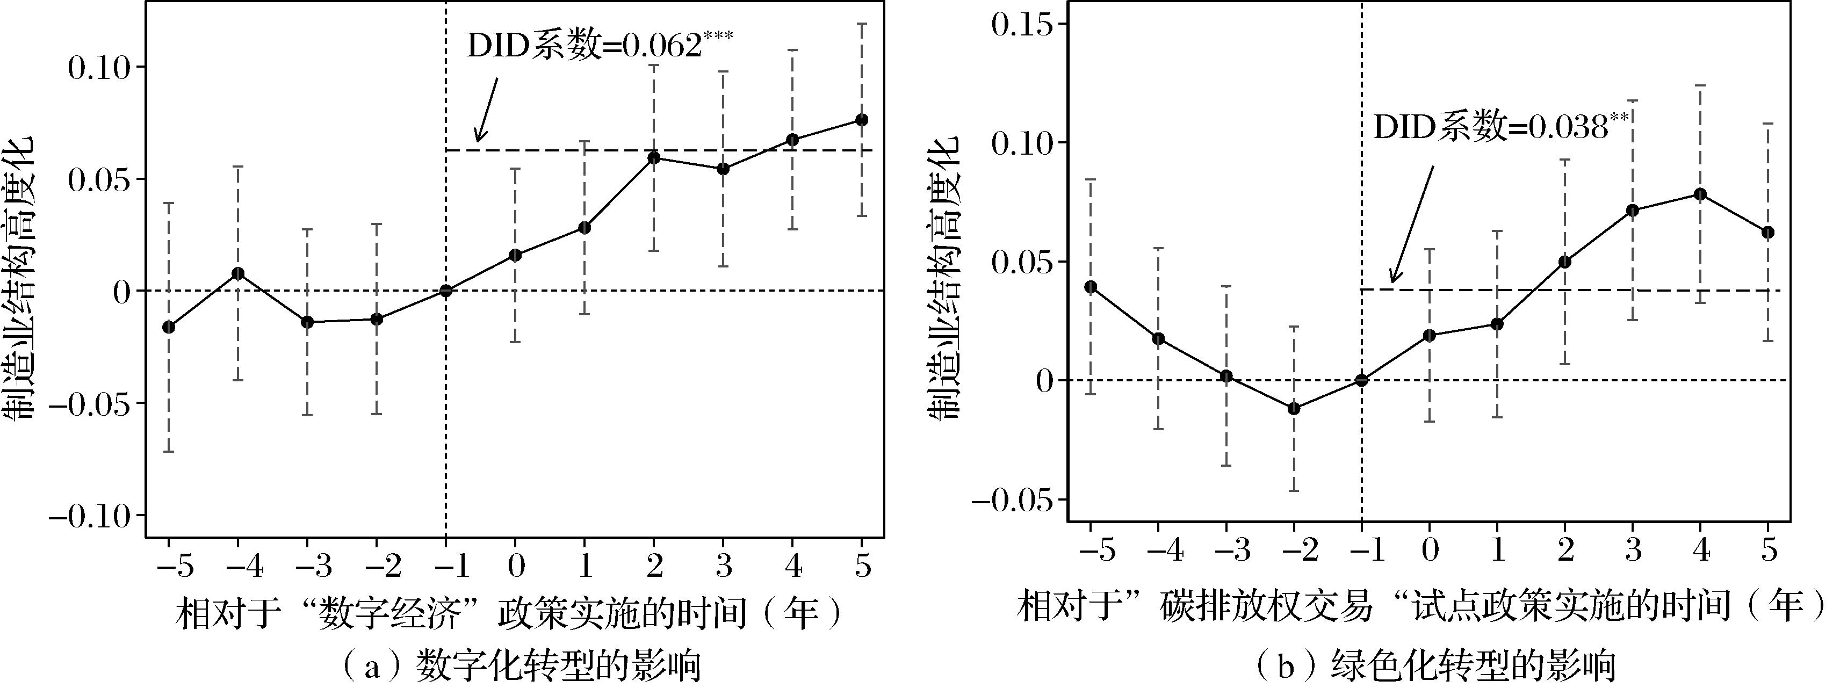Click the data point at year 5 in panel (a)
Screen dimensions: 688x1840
(862, 119)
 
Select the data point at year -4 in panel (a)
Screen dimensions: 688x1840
(238, 273)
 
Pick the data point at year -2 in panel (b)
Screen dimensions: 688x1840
(1294, 408)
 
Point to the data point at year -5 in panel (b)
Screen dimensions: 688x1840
(1090, 286)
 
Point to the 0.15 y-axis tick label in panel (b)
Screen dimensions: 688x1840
(1023, 24)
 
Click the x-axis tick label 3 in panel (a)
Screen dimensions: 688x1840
(723, 567)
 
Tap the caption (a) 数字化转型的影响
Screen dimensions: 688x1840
(522, 667)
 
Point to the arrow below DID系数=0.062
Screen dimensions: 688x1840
(486, 110)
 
